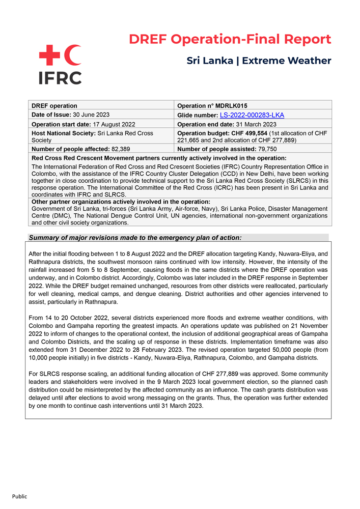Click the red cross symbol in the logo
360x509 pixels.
point(50,55)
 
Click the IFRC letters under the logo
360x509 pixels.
point(60,78)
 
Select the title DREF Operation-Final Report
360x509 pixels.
point(230,39)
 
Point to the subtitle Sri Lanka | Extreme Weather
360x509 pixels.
point(259,61)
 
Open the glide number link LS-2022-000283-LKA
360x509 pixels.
point(252,115)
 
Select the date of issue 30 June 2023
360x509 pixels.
point(88,115)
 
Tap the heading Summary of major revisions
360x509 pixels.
point(135,238)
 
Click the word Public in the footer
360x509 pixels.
point(19,496)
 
